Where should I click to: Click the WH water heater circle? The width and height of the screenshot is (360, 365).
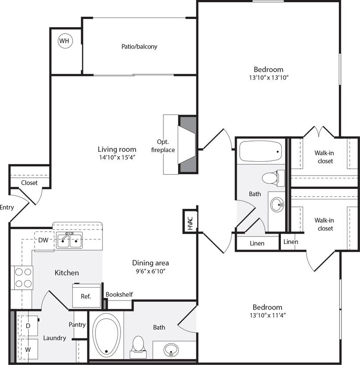click(x=64, y=41)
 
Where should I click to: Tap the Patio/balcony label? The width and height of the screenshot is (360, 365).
click(x=139, y=46)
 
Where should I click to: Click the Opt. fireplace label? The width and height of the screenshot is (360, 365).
click(x=166, y=146)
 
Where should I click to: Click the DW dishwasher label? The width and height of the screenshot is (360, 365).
click(x=43, y=240)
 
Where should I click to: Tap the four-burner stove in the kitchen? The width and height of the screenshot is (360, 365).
click(x=24, y=278)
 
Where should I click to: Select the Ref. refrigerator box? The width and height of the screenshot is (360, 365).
click(x=86, y=296)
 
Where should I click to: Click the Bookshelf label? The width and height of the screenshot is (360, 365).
click(x=119, y=295)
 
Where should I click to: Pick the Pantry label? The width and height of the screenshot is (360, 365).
click(x=77, y=324)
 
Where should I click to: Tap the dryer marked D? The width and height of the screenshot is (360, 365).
click(x=28, y=325)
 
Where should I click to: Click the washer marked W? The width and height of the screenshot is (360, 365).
click(x=28, y=349)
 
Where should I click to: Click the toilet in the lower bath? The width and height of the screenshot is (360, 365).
click(x=138, y=345)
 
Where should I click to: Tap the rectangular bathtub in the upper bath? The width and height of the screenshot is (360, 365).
click(x=260, y=151)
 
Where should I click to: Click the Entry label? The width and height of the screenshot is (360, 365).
click(x=6, y=207)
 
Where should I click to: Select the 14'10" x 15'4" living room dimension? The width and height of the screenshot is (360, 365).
click(x=117, y=157)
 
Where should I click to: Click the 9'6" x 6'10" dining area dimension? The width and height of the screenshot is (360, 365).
click(x=150, y=271)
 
